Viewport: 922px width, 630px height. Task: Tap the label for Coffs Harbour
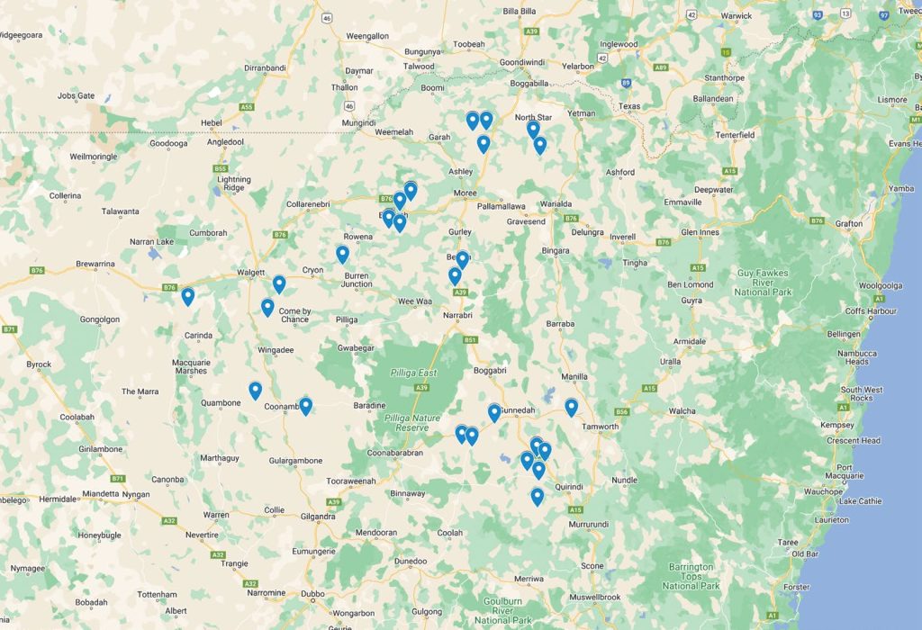click(x=871, y=311)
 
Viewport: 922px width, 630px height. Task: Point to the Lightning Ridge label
click(x=233, y=184)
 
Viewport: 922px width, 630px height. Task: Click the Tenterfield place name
click(x=735, y=135)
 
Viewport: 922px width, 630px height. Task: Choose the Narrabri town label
click(x=459, y=316)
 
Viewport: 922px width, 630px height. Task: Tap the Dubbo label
click(x=312, y=593)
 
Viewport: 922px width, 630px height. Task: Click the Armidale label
click(x=690, y=342)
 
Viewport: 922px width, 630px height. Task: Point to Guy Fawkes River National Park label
click(x=764, y=283)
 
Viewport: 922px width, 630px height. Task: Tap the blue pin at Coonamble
click(x=305, y=405)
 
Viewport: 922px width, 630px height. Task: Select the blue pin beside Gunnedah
click(x=494, y=412)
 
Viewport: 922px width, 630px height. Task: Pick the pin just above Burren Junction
click(x=342, y=254)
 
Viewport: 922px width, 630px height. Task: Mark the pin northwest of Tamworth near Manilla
click(x=571, y=407)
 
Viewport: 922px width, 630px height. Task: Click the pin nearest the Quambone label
click(x=255, y=390)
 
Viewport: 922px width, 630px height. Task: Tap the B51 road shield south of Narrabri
click(x=470, y=339)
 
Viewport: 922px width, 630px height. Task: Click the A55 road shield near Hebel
click(x=246, y=106)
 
